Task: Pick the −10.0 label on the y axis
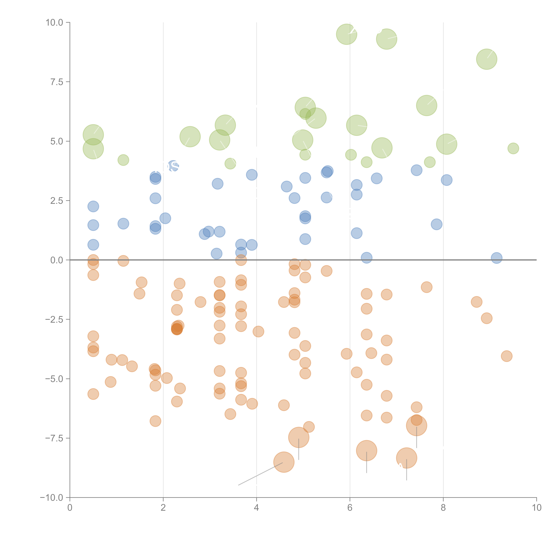[x=52, y=498]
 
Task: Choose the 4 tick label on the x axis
[x=256, y=508]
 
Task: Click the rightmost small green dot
[x=513, y=148]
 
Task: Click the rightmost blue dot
[x=497, y=258]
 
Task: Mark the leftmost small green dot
[x=123, y=160]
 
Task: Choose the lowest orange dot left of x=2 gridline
[x=155, y=421]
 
